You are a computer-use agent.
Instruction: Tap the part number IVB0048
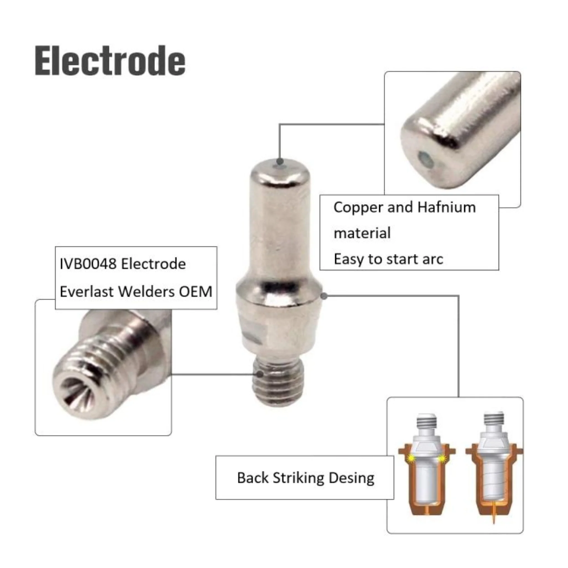click(88, 264)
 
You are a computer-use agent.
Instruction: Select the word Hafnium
click(446, 207)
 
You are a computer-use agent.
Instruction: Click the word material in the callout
click(362, 234)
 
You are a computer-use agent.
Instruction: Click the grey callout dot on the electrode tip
click(280, 161)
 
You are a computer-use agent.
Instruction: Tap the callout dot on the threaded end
click(260, 374)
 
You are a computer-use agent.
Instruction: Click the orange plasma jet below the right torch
click(494, 515)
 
